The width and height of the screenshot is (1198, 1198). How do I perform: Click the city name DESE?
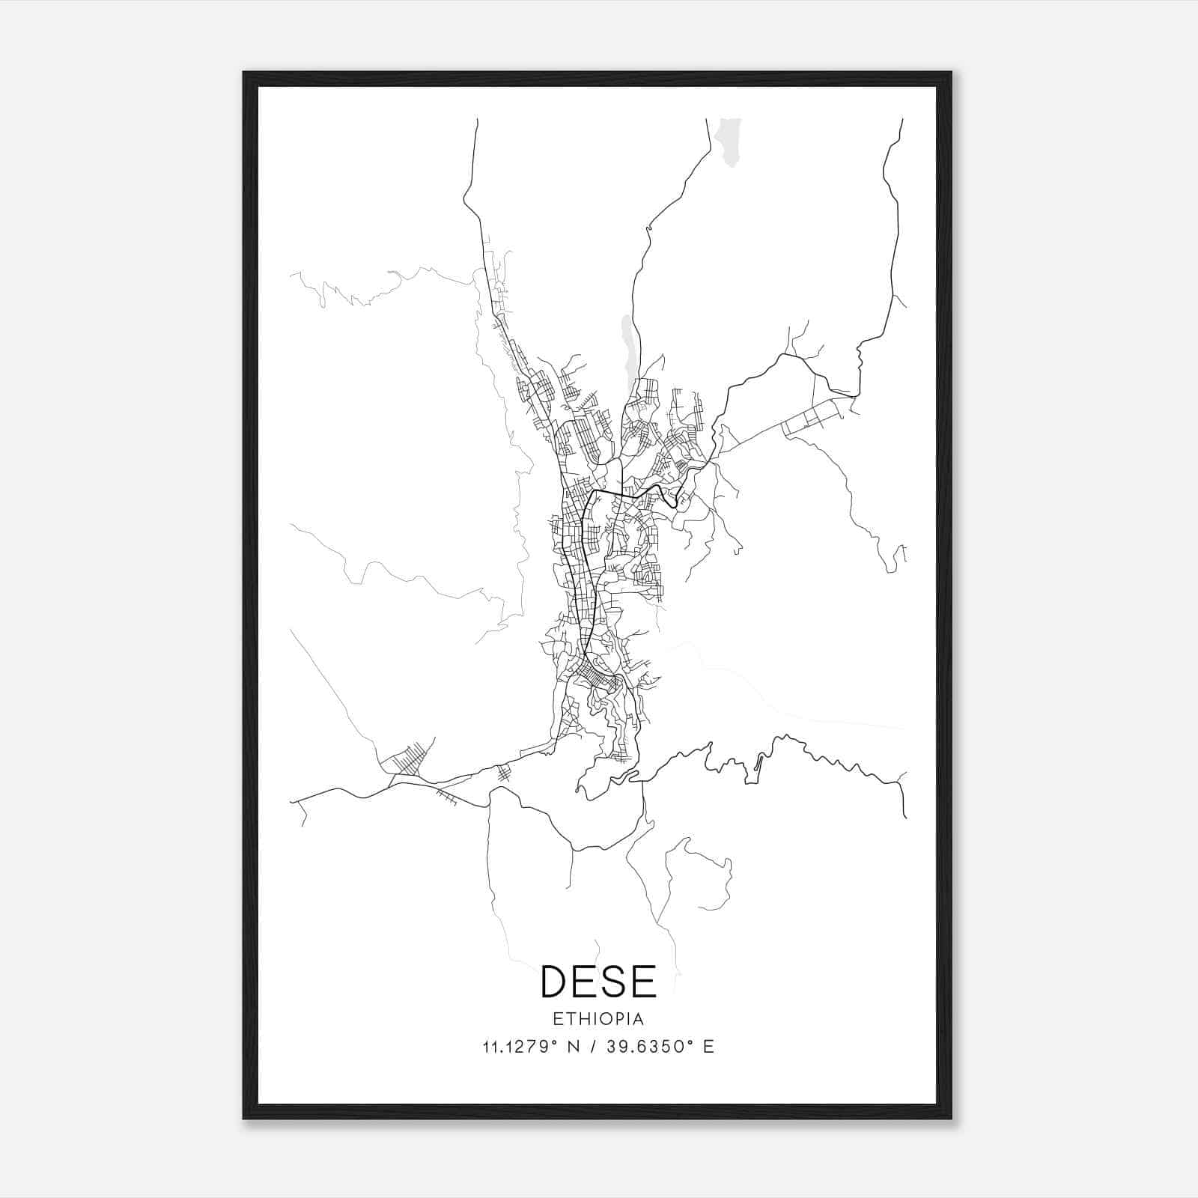click(x=598, y=981)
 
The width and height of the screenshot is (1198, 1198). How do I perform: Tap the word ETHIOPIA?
click(x=598, y=1019)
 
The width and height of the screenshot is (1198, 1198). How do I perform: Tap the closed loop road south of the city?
click(x=704, y=872)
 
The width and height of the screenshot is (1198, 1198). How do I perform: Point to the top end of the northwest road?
click(x=477, y=120)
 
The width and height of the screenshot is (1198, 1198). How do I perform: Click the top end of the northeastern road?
click(x=902, y=120)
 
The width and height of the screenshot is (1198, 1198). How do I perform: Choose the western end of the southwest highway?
click(x=292, y=800)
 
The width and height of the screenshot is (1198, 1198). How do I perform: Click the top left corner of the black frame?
click(x=245, y=73)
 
